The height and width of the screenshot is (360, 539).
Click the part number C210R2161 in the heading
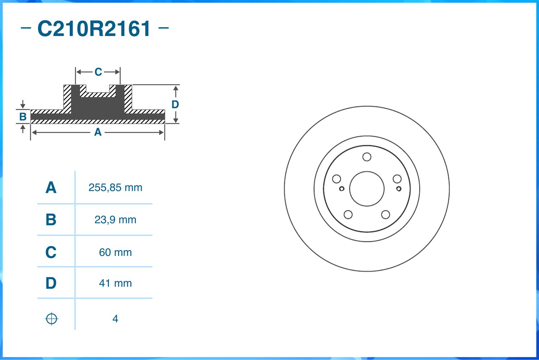pyautogui.click(x=94, y=29)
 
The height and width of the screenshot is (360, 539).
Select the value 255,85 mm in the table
pyautogui.click(x=115, y=188)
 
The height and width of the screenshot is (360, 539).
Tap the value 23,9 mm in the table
pyautogui.click(x=115, y=220)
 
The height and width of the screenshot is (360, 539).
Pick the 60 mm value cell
pyautogui.click(x=115, y=252)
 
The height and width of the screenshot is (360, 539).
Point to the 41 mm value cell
pyautogui.click(x=115, y=283)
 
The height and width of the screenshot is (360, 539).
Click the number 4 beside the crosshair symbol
pyautogui.click(x=115, y=319)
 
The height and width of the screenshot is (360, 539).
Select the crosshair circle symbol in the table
pyautogui.click(x=51, y=319)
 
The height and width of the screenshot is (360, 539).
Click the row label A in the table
pyautogui.click(x=51, y=188)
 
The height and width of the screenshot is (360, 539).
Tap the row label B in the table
pyautogui.click(x=51, y=220)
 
